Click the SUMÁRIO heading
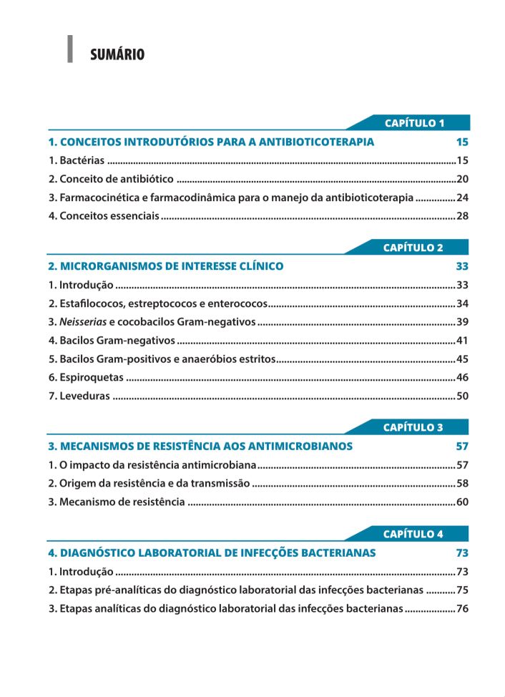coord(117,54)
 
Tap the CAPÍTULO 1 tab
coord(414,123)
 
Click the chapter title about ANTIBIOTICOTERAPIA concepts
coord(211,142)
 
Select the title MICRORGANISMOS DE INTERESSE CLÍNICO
coord(166,266)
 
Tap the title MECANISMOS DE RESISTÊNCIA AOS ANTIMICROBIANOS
coord(200,446)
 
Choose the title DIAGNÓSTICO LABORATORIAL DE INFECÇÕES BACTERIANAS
coord(212,552)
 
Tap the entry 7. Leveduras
coord(79,396)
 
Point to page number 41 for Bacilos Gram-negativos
coord(462,341)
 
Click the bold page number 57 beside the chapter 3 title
coord(462,446)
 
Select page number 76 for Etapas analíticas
coord(462,608)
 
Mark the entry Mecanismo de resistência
coord(117,502)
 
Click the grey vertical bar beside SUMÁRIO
coord(69,49)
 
